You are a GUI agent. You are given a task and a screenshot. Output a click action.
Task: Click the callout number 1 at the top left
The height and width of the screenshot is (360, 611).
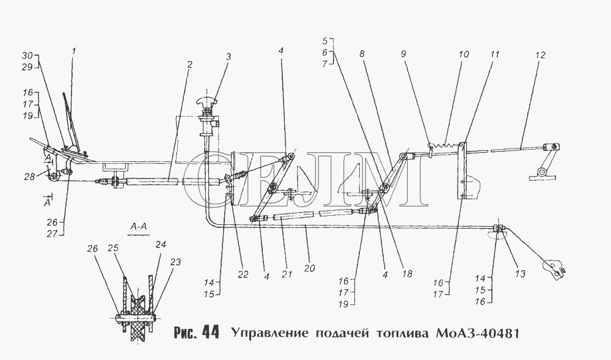(73, 51)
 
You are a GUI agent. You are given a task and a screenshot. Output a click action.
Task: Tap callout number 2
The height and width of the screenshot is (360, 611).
(189, 64)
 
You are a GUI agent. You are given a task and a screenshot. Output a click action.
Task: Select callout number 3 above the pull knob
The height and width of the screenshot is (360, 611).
(229, 56)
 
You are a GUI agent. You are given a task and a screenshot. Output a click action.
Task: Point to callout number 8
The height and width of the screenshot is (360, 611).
(362, 54)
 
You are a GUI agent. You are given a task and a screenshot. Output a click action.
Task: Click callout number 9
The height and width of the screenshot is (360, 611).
(403, 54)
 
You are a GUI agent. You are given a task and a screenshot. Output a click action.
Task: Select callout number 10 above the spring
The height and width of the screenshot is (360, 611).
(463, 54)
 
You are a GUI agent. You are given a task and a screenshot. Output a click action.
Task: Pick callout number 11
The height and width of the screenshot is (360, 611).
(494, 54)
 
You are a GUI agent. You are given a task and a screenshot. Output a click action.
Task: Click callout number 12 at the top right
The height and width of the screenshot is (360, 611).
(540, 55)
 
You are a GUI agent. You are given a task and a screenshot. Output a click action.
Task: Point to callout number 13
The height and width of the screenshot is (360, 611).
(521, 274)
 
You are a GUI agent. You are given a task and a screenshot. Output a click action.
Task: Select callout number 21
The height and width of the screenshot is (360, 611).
(287, 274)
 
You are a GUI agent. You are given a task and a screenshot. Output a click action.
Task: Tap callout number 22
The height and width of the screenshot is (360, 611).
(243, 274)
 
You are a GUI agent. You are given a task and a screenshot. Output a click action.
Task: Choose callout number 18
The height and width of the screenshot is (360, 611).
(407, 274)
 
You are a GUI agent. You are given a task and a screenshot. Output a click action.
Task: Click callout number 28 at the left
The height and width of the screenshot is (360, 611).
(29, 177)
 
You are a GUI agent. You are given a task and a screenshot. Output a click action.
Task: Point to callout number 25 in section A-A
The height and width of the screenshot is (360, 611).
(113, 248)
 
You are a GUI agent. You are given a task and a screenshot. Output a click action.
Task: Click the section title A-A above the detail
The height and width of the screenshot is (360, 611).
(138, 227)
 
